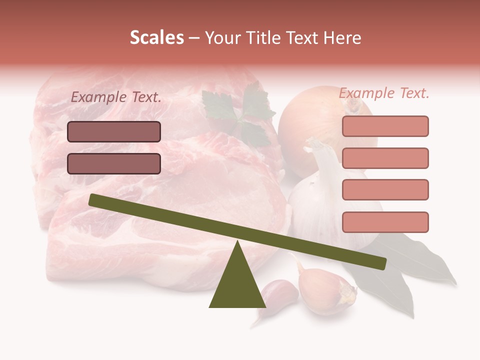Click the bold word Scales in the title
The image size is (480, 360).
156,38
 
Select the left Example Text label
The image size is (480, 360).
116,97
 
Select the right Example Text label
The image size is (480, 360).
384,93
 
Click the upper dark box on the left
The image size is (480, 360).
114,131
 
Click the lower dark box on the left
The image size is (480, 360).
114,163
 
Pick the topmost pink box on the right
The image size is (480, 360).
385,126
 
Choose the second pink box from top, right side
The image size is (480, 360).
385,158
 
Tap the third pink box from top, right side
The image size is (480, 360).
385,190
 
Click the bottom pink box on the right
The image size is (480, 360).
385,222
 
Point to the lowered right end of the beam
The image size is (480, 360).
381,263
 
